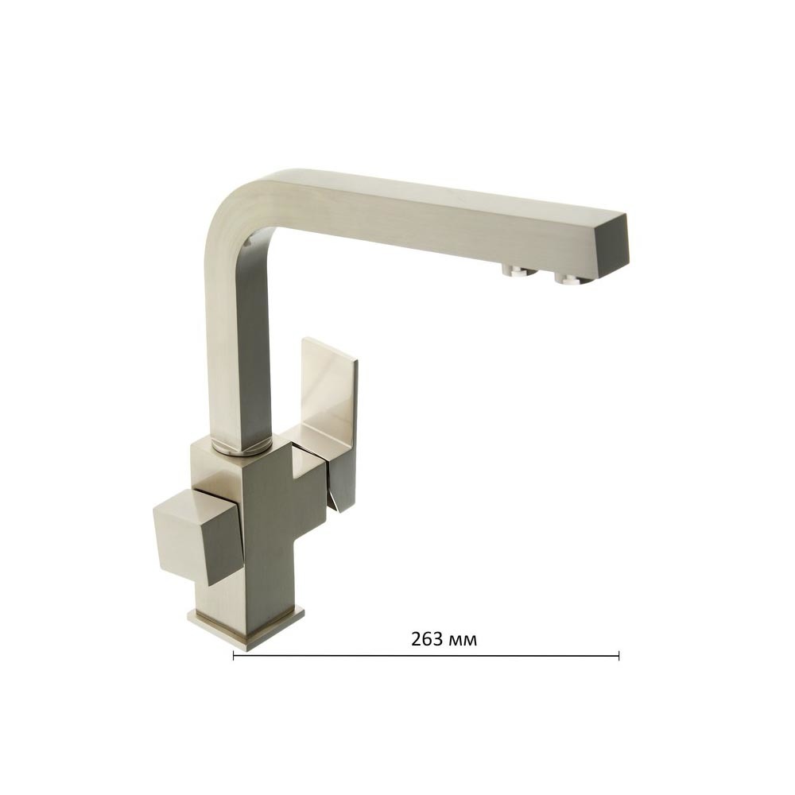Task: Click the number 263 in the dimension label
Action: (x=427, y=639)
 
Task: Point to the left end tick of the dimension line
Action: (x=233, y=656)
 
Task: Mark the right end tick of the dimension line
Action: (x=619, y=656)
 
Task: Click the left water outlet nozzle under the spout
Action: (x=518, y=271)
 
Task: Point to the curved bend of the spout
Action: (x=238, y=203)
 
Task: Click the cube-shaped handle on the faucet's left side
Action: (x=198, y=538)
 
